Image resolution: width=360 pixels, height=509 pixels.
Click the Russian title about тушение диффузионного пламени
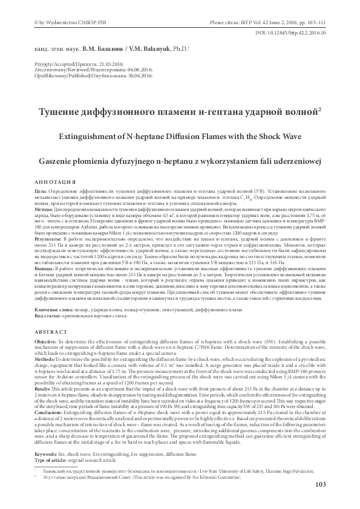(x=180, y=112)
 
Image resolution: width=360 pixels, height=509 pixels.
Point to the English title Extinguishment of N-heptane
(x=180, y=137)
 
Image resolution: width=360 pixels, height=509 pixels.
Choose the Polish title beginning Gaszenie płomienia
(x=180, y=161)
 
